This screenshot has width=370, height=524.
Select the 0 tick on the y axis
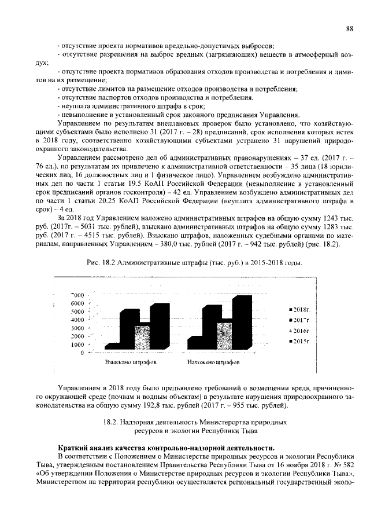[82, 352]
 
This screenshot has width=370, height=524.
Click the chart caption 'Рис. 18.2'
[101, 263]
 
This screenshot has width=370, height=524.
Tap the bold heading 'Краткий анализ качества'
[110, 448]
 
